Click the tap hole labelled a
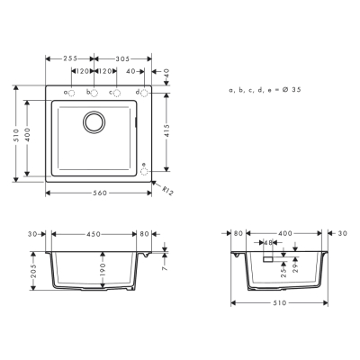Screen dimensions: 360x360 pyautogui.click(x=73, y=93)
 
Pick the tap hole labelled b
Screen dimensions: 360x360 pyautogui.click(x=94, y=93)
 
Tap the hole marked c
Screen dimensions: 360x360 pyautogui.click(x=116, y=93)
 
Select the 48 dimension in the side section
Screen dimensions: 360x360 pyautogui.click(x=269, y=243)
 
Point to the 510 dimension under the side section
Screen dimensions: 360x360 pyautogui.click(x=279, y=302)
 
